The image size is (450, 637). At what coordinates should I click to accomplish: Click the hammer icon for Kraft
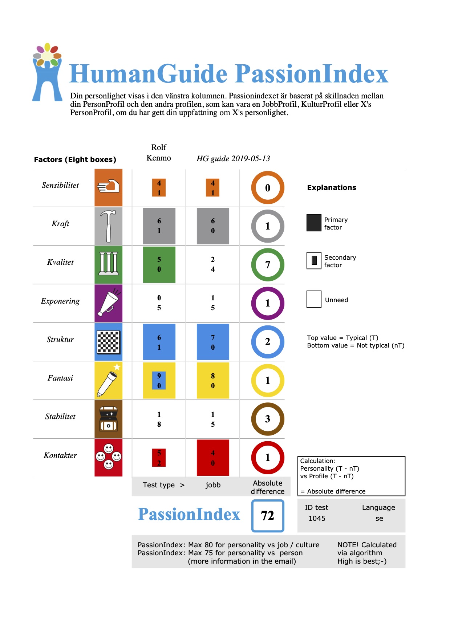(108, 226)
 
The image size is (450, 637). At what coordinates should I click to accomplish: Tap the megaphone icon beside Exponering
(108, 303)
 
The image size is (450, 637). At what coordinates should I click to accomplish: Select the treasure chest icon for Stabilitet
(108, 419)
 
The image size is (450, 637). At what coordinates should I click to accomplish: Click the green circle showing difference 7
(268, 265)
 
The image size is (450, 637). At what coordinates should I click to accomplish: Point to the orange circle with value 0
(268, 188)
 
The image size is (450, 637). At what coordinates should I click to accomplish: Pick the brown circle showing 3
(268, 419)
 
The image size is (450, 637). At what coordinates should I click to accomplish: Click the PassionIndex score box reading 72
(268, 516)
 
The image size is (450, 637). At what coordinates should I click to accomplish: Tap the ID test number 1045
(317, 518)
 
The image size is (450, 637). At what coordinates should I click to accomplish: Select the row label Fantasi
(60, 378)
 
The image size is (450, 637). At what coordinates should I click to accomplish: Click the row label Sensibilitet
(60, 185)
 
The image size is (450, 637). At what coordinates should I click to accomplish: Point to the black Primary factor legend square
(314, 223)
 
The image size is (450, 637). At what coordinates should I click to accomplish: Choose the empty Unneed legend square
(314, 299)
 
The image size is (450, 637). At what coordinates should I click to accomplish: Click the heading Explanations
(332, 187)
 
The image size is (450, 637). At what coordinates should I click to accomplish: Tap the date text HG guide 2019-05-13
(233, 158)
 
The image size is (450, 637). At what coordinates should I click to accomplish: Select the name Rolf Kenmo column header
(159, 153)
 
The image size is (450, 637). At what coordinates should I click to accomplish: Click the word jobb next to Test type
(213, 485)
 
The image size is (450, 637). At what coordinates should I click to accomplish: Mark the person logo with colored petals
(47, 73)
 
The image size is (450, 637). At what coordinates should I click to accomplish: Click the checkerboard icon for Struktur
(108, 342)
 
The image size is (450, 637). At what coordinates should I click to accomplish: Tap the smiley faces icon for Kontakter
(108, 457)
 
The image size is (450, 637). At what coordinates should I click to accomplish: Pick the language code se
(379, 518)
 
